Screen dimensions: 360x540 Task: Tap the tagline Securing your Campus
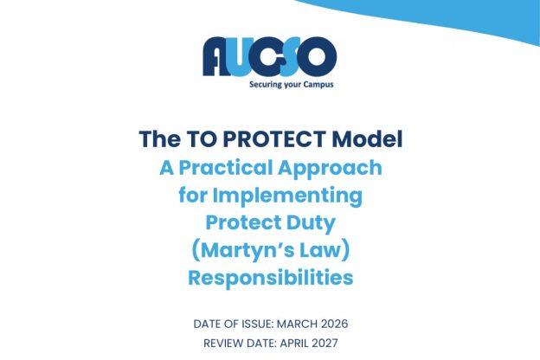pyautogui.click(x=291, y=85)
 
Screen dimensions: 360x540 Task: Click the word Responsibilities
pyautogui.click(x=270, y=279)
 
